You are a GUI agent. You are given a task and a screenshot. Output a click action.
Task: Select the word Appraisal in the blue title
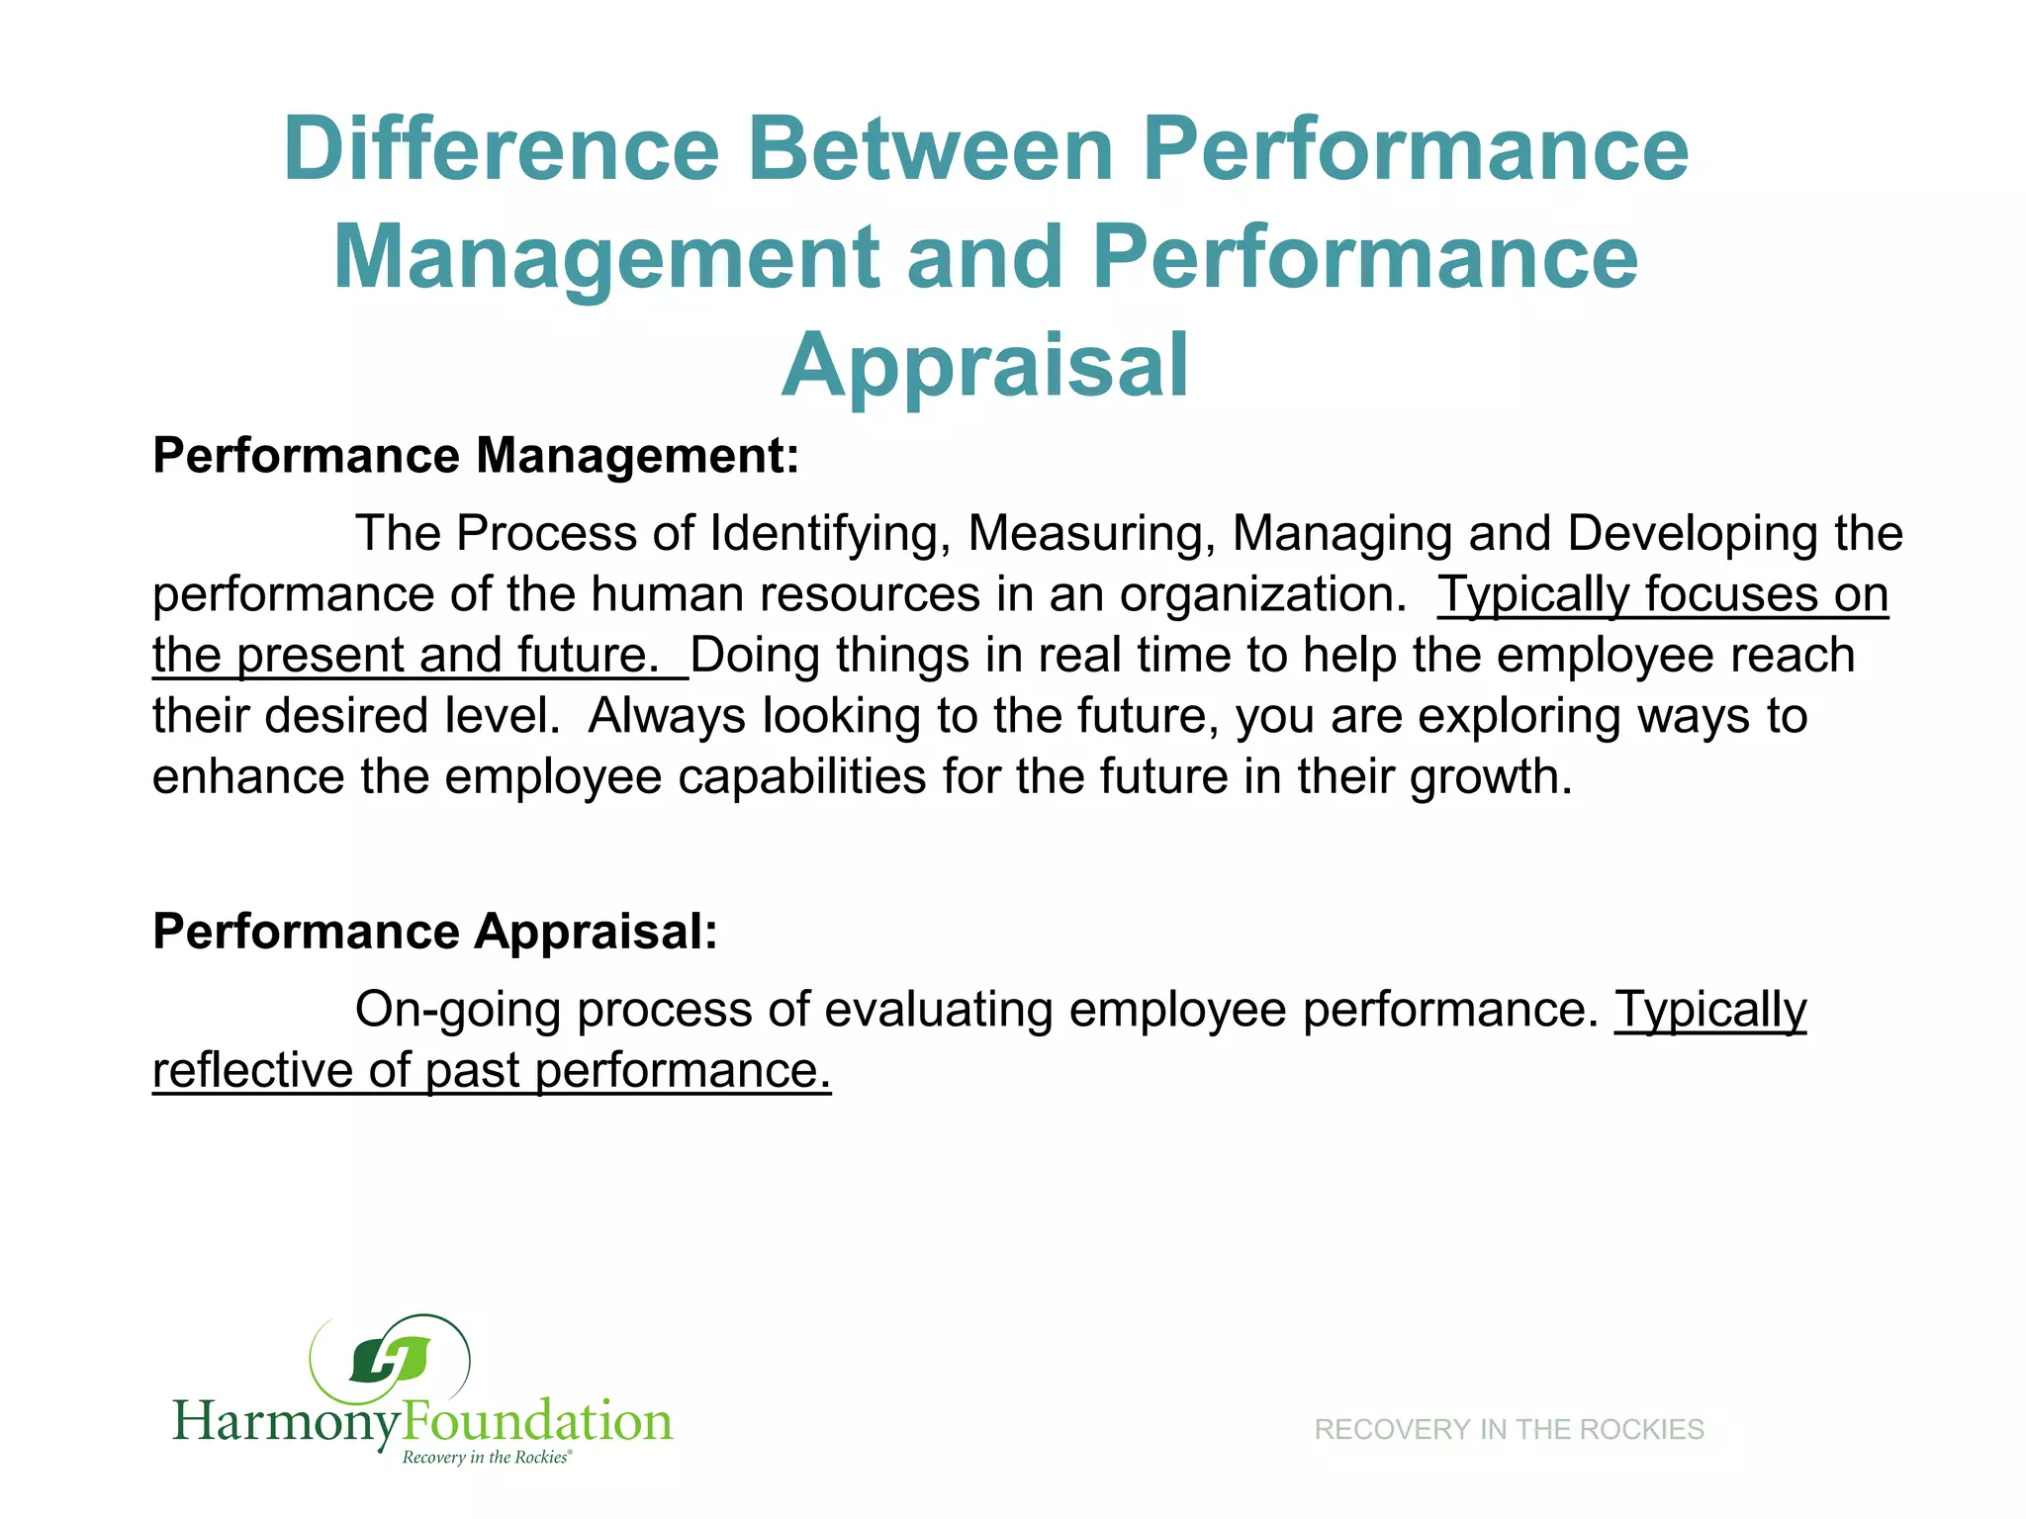[985, 366]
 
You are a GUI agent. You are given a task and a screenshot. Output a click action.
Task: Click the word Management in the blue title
[605, 257]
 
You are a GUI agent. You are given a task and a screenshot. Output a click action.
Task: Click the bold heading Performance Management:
[475, 456]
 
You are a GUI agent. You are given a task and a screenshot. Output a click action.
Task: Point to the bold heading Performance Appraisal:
[434, 932]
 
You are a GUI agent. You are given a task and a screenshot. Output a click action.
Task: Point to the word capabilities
[801, 776]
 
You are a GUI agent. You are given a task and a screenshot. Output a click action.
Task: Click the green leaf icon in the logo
[390, 1361]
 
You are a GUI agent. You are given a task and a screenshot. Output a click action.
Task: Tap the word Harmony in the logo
[287, 1422]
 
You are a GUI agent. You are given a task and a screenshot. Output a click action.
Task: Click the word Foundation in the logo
[537, 1420]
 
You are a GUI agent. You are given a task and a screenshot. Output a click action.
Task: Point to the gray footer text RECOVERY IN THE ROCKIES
[1509, 1429]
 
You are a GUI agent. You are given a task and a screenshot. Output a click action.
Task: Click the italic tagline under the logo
[486, 1458]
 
